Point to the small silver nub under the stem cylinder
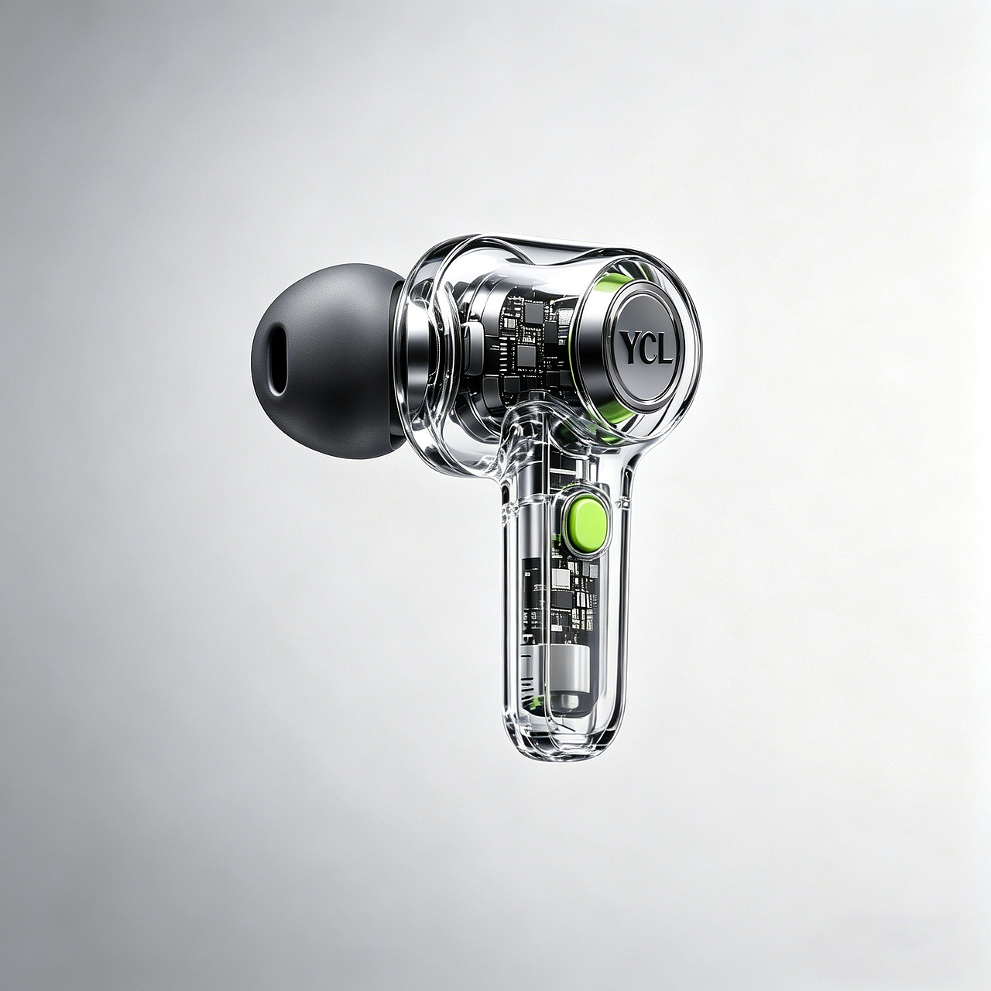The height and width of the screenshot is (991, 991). click(568, 702)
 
